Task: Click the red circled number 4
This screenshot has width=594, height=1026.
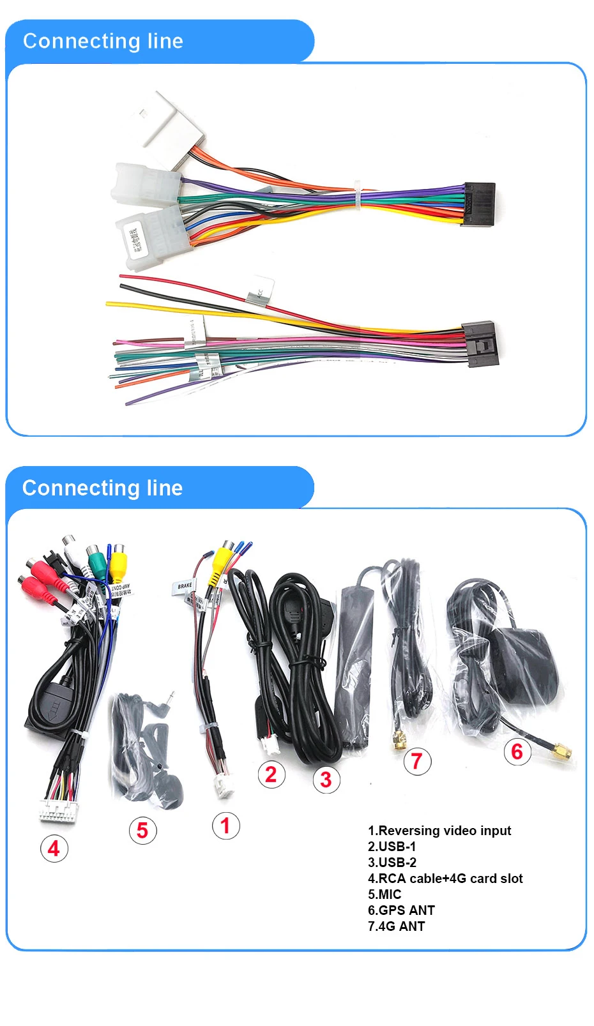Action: click(54, 849)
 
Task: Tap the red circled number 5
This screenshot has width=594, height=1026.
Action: click(142, 831)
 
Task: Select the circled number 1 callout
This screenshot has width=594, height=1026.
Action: click(225, 826)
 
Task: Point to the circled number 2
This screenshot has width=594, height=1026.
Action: click(271, 774)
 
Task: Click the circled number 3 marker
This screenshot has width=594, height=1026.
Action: click(326, 780)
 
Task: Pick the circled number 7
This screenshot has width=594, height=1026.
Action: click(417, 761)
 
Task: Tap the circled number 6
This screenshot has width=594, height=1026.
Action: click(517, 751)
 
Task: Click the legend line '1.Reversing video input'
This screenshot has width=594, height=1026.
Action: click(439, 831)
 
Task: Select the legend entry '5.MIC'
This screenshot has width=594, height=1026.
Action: click(385, 894)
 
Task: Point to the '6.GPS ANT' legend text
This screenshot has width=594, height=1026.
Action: click(401, 910)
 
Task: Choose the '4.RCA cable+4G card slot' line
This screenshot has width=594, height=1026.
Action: click(445, 879)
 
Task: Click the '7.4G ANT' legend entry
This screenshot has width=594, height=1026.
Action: click(396, 926)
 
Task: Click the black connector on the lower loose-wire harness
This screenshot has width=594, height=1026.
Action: click(480, 343)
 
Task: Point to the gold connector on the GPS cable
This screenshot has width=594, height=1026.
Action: click(562, 751)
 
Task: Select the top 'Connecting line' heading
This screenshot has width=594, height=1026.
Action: click(103, 41)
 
